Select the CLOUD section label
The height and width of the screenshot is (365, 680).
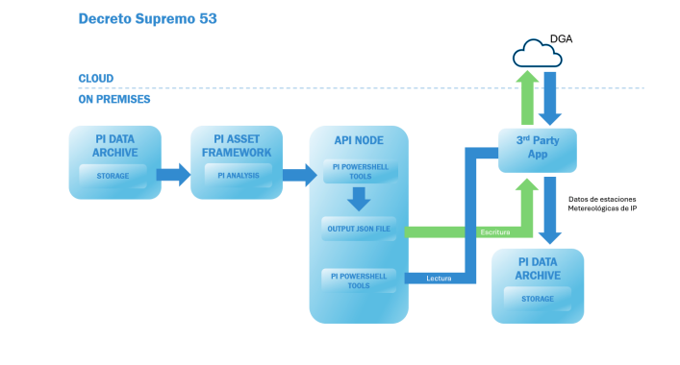(96, 79)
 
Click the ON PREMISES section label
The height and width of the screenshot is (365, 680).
(114, 99)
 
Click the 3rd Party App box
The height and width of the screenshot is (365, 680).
(537, 150)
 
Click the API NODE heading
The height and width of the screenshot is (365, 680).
(358, 140)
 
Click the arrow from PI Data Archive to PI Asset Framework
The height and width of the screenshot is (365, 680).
(173, 175)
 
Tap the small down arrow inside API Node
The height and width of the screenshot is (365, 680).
(358, 199)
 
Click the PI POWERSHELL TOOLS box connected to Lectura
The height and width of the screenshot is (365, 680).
(358, 280)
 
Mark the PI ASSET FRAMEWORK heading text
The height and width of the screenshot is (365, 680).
(236, 145)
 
